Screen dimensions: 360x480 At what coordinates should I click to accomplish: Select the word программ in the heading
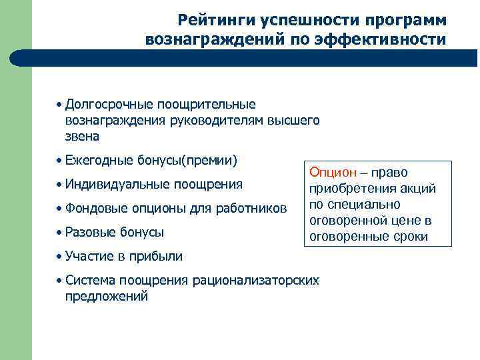pyautogui.click(x=408, y=20)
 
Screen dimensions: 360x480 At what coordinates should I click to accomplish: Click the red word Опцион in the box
pyautogui.click(x=331, y=172)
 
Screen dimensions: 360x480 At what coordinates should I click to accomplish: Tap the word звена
pyautogui.click(x=82, y=137)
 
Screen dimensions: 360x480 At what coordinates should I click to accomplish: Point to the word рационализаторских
pyautogui.click(x=257, y=280)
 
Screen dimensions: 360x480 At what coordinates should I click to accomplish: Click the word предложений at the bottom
pyautogui.click(x=107, y=297)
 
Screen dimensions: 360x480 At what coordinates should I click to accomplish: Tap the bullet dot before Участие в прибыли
pyautogui.click(x=59, y=256)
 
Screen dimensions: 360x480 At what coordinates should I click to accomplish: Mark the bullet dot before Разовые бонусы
pyautogui.click(x=59, y=232)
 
